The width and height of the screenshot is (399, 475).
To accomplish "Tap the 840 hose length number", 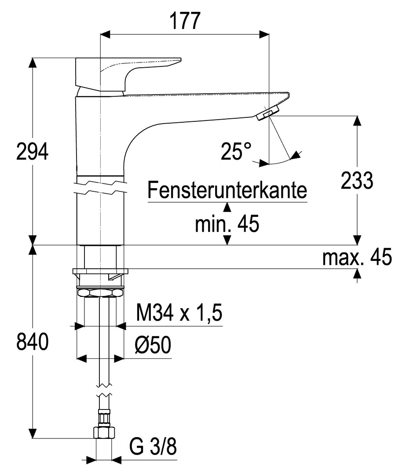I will point(32,342).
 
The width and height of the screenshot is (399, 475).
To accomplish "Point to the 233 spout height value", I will point(357,180).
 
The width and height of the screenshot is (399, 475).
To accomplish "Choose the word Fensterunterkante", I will point(227,191).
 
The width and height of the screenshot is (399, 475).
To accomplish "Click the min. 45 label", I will point(227,224).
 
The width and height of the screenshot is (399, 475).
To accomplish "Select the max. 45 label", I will point(357,257).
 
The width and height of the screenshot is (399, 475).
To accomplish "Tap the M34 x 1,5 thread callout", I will point(179,314).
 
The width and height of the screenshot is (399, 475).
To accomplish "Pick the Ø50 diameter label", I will point(153,346).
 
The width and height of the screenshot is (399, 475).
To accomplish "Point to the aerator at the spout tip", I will point(267,113).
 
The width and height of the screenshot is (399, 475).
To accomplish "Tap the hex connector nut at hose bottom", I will point(104,432).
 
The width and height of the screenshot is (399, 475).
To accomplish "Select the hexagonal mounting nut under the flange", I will point(100,292).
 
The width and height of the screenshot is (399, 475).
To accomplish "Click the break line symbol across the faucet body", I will point(101,186).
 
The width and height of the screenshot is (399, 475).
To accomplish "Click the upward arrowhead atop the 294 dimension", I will point(32,62).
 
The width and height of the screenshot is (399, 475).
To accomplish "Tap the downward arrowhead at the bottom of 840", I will point(32,433).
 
